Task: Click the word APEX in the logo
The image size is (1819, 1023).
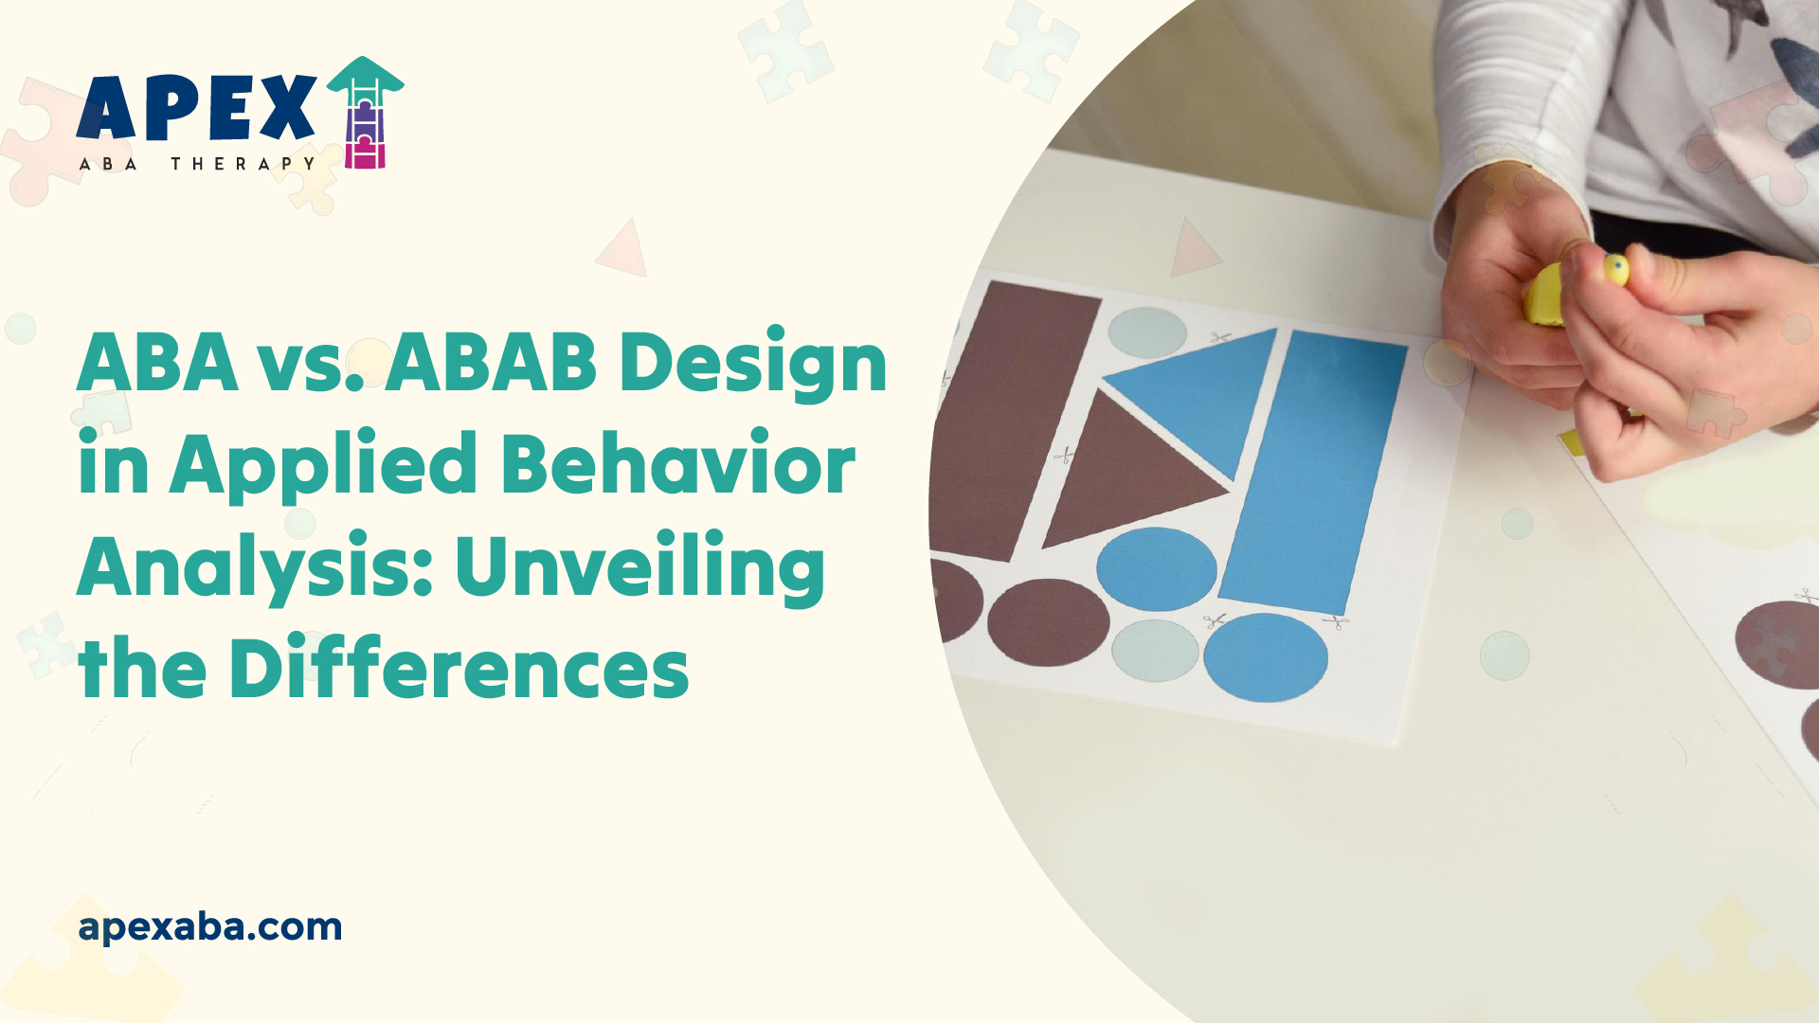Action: point(196,108)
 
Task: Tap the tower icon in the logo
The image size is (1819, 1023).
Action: point(365,114)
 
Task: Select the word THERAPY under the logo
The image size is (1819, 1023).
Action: point(243,164)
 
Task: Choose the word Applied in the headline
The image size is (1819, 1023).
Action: point(323,466)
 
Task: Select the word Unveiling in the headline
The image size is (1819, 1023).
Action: point(639,568)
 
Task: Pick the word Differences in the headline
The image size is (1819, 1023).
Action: point(459,669)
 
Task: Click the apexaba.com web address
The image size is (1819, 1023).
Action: point(210,926)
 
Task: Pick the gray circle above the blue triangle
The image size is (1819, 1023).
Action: point(1147,332)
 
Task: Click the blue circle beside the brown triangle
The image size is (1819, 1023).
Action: point(1156,568)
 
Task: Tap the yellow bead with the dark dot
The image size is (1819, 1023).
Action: point(1615,270)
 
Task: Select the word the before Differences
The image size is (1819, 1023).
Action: point(142,669)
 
